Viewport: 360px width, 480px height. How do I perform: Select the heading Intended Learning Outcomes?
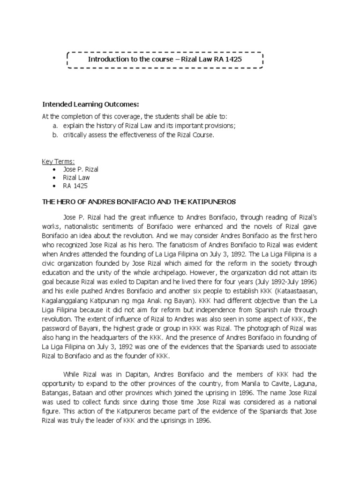pos(91,104)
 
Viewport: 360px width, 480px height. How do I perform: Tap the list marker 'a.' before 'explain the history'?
pos(55,126)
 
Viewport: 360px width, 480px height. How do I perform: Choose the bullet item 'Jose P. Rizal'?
pos(80,169)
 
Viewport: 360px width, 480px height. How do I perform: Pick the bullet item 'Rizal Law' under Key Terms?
pos(76,178)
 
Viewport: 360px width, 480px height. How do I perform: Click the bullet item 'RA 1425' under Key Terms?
pos(75,186)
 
